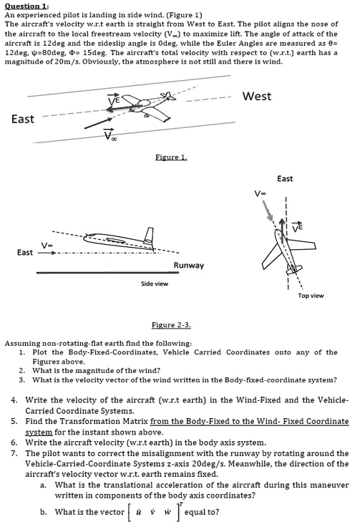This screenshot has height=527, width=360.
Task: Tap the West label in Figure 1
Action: tap(257, 97)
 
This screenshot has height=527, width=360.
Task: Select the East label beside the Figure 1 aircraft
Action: tap(23, 119)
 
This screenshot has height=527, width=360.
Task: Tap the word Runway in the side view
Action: tap(189, 266)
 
